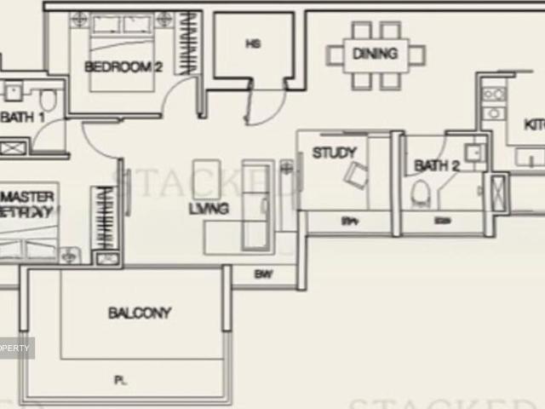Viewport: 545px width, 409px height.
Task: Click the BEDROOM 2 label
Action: (x=123, y=67)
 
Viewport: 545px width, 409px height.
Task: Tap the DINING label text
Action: (x=375, y=54)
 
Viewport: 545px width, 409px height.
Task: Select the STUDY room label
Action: (x=334, y=153)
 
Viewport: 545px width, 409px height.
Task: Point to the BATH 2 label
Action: (x=436, y=166)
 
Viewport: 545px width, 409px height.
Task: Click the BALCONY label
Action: (x=140, y=313)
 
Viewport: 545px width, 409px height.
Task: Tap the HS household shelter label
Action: (x=252, y=43)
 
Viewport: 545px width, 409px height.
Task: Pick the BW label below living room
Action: (x=262, y=274)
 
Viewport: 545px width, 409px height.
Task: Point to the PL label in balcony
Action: (x=121, y=381)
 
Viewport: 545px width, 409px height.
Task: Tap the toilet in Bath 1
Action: (x=49, y=101)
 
